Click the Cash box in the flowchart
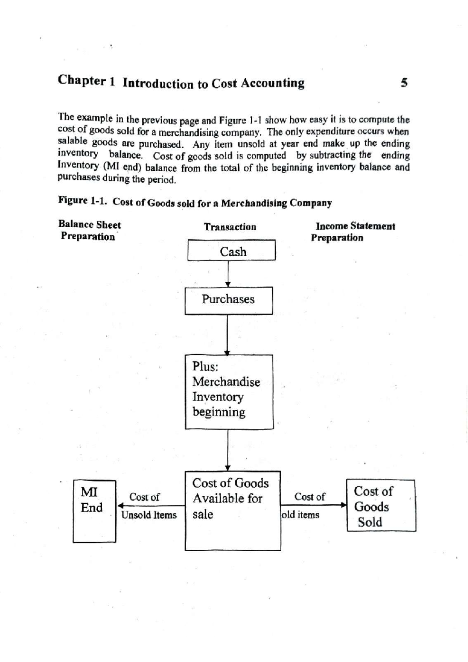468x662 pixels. click(x=231, y=251)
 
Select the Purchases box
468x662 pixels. click(x=229, y=301)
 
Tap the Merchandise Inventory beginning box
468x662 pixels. click(x=229, y=392)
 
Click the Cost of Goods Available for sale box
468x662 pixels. click(x=232, y=511)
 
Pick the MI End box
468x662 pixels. click(x=94, y=511)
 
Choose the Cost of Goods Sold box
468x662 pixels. click(x=381, y=506)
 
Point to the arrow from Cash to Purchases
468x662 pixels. click(x=228, y=274)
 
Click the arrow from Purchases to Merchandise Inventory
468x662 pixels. click(x=227, y=335)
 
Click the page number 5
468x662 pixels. click(x=404, y=83)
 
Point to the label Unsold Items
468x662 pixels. click(x=149, y=515)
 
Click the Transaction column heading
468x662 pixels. click(x=230, y=227)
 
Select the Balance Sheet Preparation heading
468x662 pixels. click(x=89, y=230)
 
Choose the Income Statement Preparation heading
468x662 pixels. click(x=353, y=232)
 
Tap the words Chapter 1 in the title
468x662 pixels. click(x=86, y=81)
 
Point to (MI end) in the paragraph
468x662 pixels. click(x=121, y=167)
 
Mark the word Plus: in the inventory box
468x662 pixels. click(x=205, y=366)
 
